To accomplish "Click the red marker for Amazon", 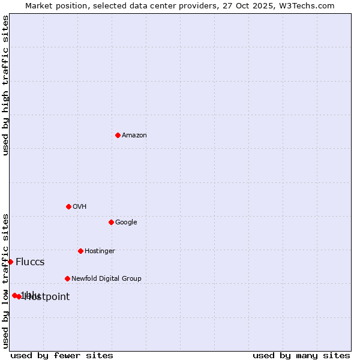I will click(118, 135).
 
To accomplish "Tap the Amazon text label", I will click(134, 136).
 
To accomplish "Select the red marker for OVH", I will click(68, 206).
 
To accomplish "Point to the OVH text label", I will click(80, 207).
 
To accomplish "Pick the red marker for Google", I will click(111, 222).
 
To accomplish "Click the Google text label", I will click(126, 223).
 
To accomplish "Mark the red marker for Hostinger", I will click(80, 251).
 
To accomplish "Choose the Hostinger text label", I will click(100, 251).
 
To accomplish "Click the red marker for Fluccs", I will click(10, 262).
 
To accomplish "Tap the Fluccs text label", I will click(30, 262).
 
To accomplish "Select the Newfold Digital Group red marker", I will click(67, 278).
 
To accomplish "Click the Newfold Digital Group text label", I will click(106, 279).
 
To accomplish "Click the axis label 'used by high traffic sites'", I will click(6, 85).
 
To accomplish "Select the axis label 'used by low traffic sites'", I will click(6, 280).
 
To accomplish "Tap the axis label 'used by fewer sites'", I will click(62, 356).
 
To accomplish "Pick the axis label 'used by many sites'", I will click(301, 356).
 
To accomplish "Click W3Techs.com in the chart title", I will click(308, 6).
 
